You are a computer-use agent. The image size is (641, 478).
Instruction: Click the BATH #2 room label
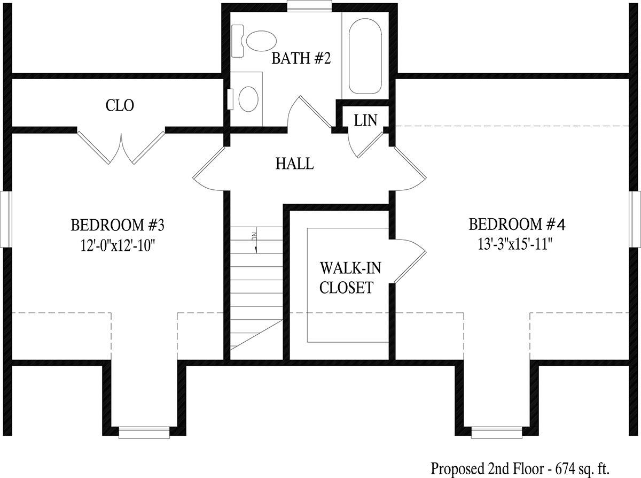coord(301,58)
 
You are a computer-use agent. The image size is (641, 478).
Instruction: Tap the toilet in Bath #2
coord(256,41)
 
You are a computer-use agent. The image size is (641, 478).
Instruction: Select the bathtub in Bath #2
coord(365,55)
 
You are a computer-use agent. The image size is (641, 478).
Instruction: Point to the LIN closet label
coord(365,120)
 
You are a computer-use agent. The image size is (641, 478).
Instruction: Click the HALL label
coord(294,164)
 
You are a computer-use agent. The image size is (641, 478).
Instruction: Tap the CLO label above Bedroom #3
coord(120,105)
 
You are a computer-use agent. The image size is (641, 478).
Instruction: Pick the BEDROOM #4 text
coord(517,224)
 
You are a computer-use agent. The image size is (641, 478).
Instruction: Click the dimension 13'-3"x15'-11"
coord(515,244)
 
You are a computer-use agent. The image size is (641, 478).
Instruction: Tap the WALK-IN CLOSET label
coord(346,277)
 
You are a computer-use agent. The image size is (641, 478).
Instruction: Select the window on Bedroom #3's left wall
coord(5,219)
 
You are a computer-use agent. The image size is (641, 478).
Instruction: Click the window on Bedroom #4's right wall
coord(636,219)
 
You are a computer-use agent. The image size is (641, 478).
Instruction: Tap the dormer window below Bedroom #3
coord(144,432)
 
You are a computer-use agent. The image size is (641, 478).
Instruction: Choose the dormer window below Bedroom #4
coord(496,432)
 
